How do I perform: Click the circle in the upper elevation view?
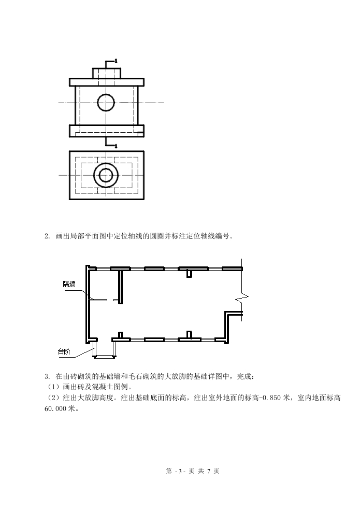(106, 102)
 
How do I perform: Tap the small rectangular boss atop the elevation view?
(107, 73)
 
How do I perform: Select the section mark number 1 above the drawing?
(116, 61)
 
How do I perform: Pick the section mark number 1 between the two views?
(116, 146)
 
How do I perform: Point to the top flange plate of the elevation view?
(107, 82)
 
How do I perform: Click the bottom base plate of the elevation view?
(107, 129)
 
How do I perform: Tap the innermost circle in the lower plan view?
(106, 176)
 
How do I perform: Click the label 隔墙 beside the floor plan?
(69, 284)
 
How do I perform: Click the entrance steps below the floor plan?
(104, 349)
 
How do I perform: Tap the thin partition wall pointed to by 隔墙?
(98, 300)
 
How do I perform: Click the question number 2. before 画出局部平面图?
(47, 237)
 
